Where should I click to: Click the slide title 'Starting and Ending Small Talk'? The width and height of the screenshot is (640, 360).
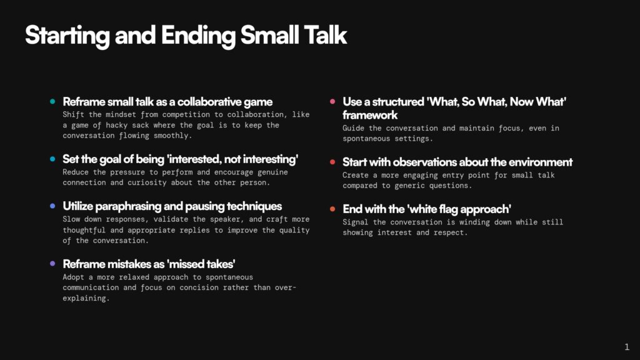coord(186,36)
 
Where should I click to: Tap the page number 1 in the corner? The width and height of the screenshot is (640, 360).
coord(627,347)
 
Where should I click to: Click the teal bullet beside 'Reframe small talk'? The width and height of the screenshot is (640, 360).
coord(52,101)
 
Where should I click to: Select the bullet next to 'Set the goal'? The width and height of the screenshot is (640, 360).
coord(52,159)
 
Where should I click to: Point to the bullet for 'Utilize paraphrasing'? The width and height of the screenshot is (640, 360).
coord(52,206)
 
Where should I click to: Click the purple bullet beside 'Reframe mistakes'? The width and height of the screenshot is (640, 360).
coord(52,263)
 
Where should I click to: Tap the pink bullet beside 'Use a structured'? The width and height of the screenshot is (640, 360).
coord(332,101)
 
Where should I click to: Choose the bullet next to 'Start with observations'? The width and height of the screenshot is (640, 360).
coord(332,162)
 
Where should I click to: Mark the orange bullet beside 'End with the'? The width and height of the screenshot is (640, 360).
coord(332,209)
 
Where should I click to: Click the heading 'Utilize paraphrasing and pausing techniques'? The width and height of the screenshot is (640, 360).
coord(172,206)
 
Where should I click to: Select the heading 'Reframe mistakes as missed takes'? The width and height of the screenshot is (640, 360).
coord(149,264)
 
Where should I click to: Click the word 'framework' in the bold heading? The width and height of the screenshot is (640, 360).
coord(370,115)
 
